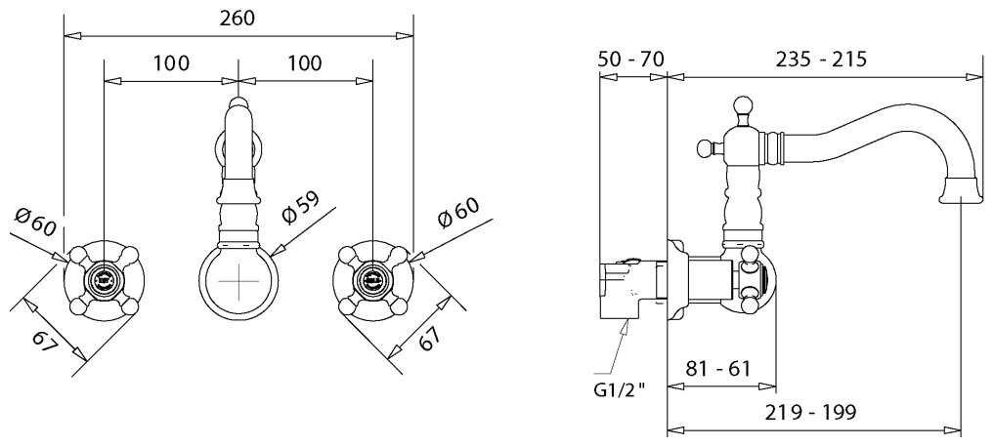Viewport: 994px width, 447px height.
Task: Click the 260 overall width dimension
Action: [238, 18]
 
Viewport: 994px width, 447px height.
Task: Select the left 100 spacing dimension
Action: [171, 64]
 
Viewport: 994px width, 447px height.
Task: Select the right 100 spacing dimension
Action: [305, 64]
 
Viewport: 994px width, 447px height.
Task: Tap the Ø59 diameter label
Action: [300, 213]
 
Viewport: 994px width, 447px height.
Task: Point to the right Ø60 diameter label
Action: [457, 215]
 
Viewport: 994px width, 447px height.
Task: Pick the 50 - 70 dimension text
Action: [630, 60]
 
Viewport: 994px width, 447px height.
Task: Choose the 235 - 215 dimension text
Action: [821, 60]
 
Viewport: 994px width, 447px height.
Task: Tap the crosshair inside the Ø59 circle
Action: [238, 281]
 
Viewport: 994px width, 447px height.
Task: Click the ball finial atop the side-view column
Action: [743, 104]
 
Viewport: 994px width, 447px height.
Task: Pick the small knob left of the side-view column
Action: [703, 148]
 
